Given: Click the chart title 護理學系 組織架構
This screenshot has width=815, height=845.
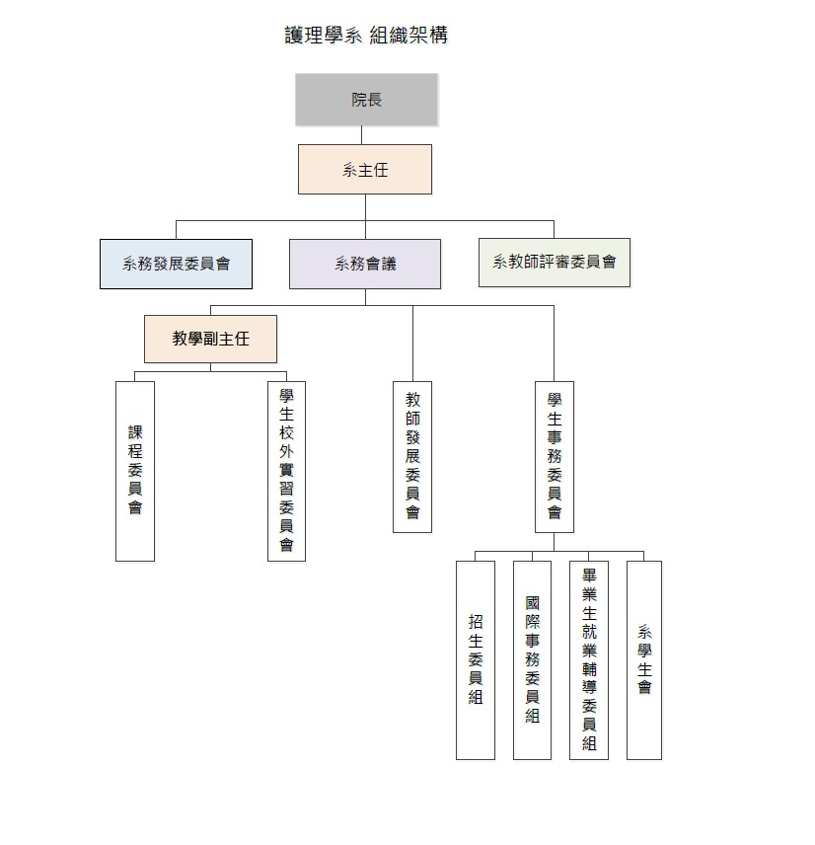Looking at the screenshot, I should [366, 36].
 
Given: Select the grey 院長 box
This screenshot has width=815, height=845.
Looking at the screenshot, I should [366, 100].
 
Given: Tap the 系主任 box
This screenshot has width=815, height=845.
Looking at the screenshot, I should [365, 170].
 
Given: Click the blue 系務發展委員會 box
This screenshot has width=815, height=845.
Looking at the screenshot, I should [176, 264].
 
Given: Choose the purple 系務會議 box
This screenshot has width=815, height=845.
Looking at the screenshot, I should [365, 264].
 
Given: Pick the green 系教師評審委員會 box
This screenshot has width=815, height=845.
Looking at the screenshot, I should [554, 263].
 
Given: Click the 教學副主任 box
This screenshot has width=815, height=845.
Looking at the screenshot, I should [210, 339].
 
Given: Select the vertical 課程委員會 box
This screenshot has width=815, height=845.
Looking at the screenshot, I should [135, 471].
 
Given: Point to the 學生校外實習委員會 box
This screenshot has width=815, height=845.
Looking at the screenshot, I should [286, 471].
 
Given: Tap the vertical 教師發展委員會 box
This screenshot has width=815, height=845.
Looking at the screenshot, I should [412, 456].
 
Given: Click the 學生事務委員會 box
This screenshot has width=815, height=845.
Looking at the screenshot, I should [555, 456].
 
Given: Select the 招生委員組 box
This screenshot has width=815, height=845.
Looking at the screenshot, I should [476, 659].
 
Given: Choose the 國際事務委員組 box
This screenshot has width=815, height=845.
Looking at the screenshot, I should [532, 659].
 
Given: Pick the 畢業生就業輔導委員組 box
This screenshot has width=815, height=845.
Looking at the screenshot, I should [589, 659].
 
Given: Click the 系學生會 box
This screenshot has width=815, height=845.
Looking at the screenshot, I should [644, 659].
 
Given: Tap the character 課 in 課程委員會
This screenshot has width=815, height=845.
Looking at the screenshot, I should [135, 432].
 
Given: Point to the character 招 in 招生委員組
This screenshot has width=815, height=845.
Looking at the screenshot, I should [476, 622].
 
